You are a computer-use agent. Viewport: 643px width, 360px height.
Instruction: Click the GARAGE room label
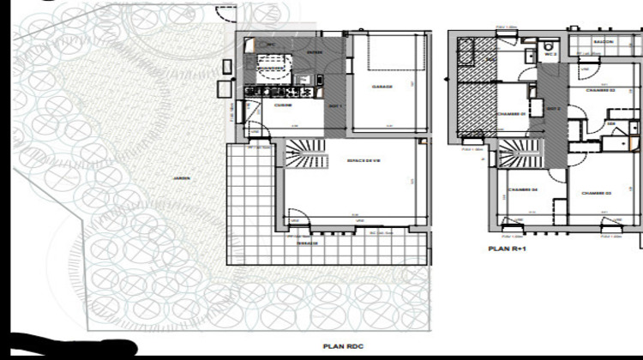coord(382,86)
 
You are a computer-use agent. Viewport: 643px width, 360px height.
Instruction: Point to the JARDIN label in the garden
coord(180,178)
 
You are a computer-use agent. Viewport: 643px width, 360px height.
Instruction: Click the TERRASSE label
coord(308,243)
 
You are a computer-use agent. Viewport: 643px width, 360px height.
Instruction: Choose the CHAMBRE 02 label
coord(599,90)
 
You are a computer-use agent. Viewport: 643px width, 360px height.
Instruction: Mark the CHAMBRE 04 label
coord(522,189)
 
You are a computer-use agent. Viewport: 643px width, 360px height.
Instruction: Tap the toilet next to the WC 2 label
coord(550,45)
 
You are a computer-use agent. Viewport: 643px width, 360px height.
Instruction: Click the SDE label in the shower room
coord(611,123)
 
